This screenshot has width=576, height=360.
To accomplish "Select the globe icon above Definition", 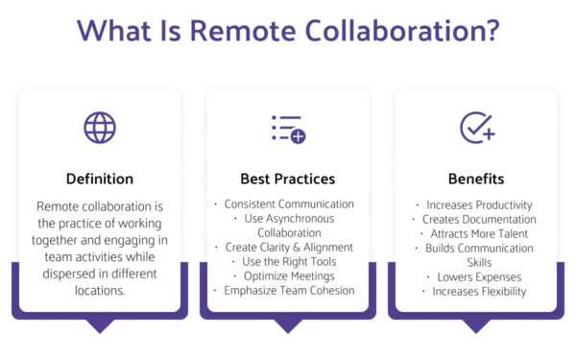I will [x=99, y=128].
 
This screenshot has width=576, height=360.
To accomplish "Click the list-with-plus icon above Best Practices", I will [x=287, y=128].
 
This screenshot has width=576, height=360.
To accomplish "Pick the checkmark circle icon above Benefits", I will [x=476, y=128].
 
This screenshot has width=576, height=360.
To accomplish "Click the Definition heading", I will [x=100, y=179].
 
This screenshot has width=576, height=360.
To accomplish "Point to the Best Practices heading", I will [x=288, y=179].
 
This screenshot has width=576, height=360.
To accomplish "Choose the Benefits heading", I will [x=476, y=179].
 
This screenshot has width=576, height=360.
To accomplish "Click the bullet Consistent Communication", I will [x=289, y=204].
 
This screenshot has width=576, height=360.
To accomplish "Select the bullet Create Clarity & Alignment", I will [x=289, y=248].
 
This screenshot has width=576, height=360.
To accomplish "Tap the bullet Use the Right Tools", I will [x=289, y=262].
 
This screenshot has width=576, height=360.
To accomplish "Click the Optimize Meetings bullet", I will [x=289, y=276].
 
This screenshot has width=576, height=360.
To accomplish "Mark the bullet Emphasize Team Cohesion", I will [x=289, y=291].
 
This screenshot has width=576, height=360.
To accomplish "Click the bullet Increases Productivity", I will [x=477, y=204].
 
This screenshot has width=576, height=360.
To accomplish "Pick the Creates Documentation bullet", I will [x=477, y=219].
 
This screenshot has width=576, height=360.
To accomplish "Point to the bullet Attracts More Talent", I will [x=477, y=233].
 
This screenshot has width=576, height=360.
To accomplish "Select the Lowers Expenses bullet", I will [x=477, y=276].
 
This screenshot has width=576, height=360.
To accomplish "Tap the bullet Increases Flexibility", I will [x=477, y=291].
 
